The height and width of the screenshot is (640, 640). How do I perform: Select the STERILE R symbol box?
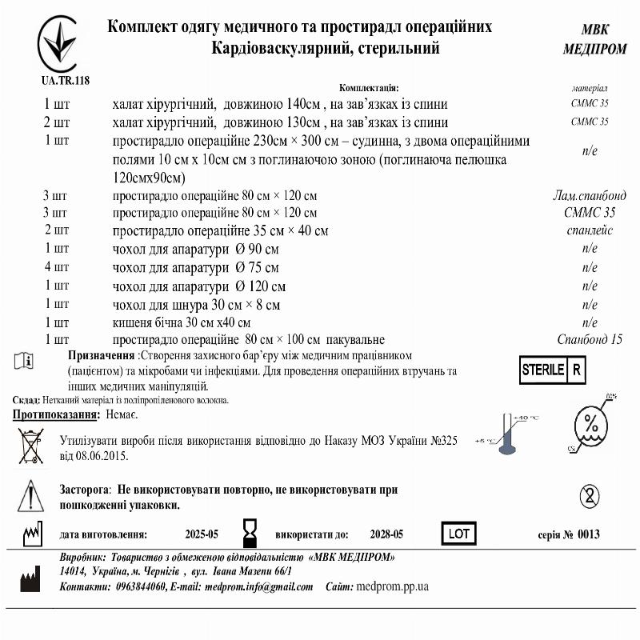pos(552,370)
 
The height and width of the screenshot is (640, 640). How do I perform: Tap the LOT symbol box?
pos(458,533)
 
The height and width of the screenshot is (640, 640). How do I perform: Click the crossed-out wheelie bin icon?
pos(31,446)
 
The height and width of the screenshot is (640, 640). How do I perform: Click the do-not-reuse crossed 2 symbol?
pos(590,495)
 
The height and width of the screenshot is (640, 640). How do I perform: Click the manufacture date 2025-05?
pos(201,534)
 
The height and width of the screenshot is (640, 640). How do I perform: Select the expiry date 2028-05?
pos(386,534)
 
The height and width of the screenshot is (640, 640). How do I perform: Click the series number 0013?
pos(588,534)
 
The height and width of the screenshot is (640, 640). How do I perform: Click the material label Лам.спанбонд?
pos(589,194)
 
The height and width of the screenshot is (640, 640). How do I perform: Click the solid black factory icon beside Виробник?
pos(30,578)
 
